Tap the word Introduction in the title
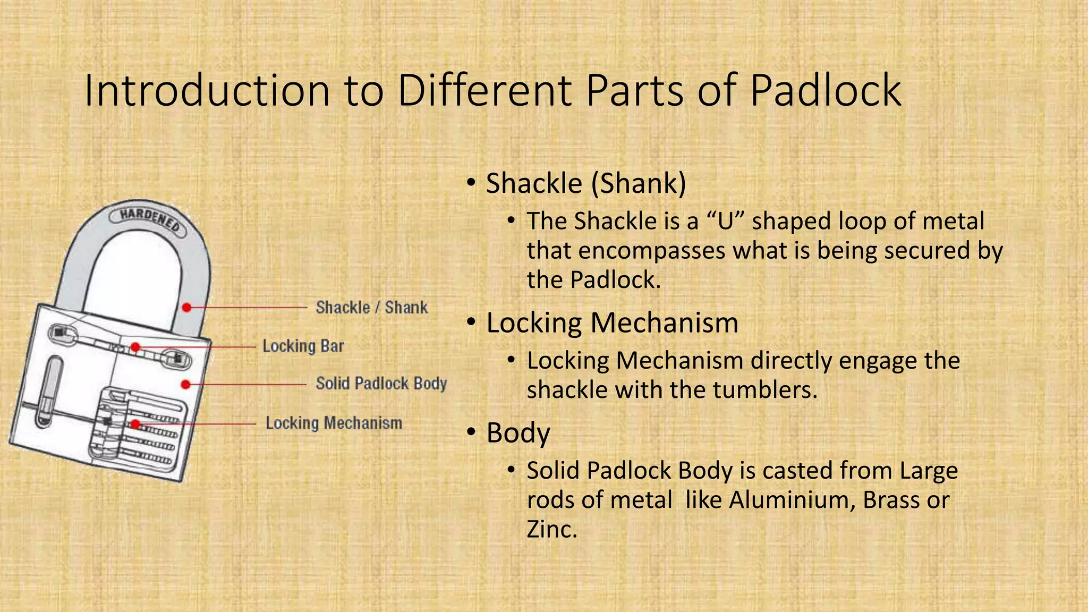(x=208, y=90)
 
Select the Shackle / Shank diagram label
(x=371, y=308)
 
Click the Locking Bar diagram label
(x=303, y=346)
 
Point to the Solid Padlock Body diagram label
(x=381, y=384)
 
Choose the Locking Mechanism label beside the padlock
(x=334, y=423)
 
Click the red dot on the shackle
(x=186, y=308)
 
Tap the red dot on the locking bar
(x=135, y=347)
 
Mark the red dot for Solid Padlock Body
(x=185, y=384)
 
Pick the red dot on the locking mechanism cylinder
(x=135, y=424)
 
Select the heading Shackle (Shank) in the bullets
(x=586, y=184)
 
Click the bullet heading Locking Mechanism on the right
(x=612, y=323)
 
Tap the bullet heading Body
(x=518, y=433)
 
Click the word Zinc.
(x=551, y=529)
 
